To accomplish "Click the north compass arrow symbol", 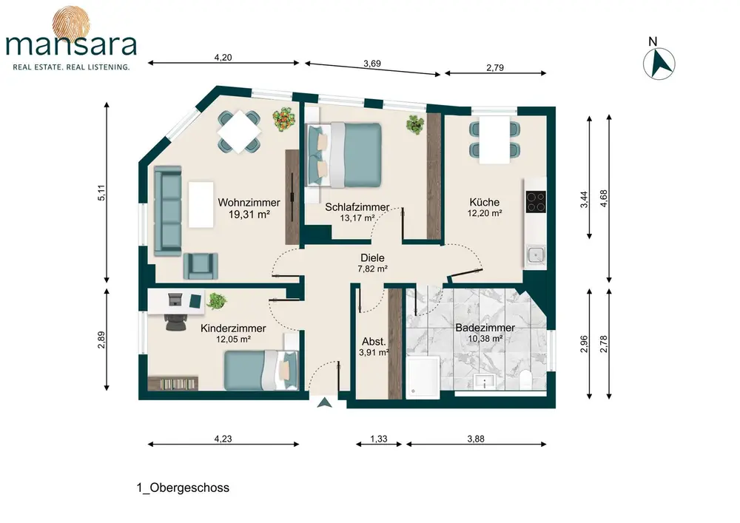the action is [659, 63].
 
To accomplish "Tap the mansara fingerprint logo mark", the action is [71, 23].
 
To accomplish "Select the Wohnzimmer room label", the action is [249, 202].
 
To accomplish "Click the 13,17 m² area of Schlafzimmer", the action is [357, 218].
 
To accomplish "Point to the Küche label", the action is [484, 202].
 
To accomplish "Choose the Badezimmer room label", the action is [485, 327].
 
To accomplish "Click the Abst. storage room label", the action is [374, 342].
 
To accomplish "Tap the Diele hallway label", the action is [372, 257].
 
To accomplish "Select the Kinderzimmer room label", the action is [233, 328].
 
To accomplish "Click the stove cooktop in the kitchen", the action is [536, 201].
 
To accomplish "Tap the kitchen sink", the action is [536, 255].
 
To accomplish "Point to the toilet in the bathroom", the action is [525, 379].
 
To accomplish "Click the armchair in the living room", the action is [201, 266].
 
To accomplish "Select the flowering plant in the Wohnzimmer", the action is [285, 119].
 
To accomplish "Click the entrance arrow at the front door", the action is [324, 402].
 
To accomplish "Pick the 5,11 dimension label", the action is [101, 192].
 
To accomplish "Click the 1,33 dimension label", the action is [378, 439].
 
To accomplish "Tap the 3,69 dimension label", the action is [372, 63].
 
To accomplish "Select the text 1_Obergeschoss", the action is [183, 487].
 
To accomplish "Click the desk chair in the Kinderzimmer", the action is [175, 321].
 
